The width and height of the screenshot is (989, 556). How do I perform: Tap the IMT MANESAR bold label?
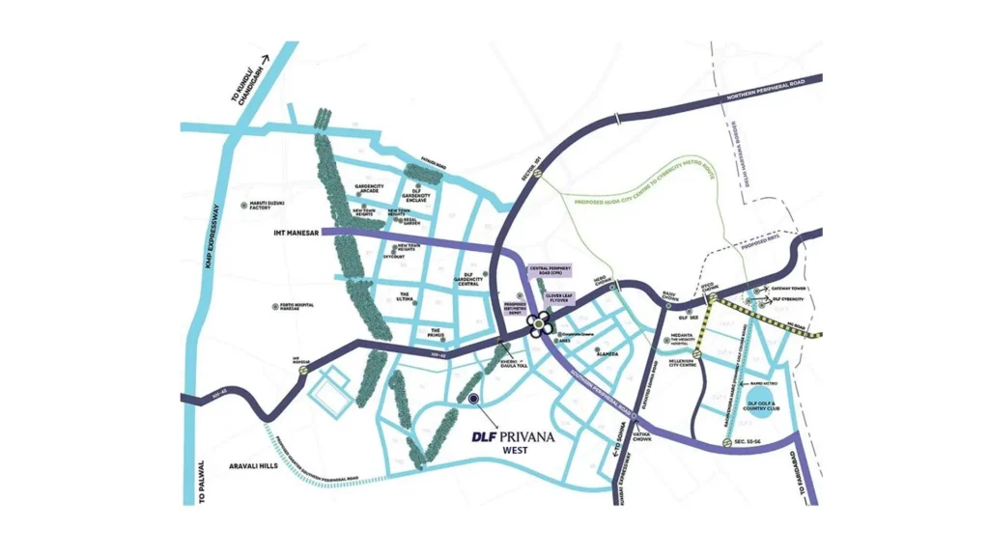click(x=293, y=233)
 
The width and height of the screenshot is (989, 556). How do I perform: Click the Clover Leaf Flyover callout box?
click(x=559, y=299)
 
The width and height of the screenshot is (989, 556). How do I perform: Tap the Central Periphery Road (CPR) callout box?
click(x=551, y=271)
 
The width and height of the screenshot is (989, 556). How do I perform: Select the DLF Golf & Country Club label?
click(x=759, y=405)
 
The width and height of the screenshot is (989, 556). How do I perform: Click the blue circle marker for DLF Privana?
click(x=473, y=397)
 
